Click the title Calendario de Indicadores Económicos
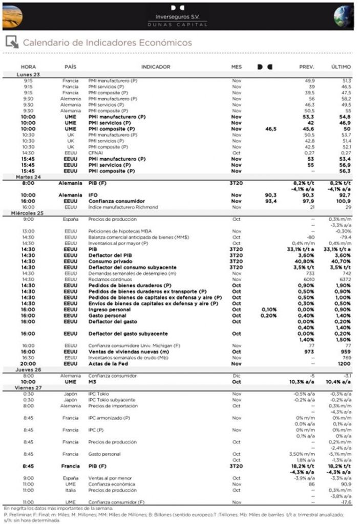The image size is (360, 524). tap(107, 42)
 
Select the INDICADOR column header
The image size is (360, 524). tap(156, 67)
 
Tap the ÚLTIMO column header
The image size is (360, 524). tap(341, 67)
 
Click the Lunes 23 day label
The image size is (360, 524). tap(29, 74)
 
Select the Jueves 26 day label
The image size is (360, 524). tap(30, 369)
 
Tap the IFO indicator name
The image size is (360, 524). tap(94, 195)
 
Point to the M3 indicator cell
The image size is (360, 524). tap(92, 382)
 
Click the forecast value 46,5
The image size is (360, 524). tap(271, 129)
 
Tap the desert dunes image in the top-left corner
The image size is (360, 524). tap(15, 15)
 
